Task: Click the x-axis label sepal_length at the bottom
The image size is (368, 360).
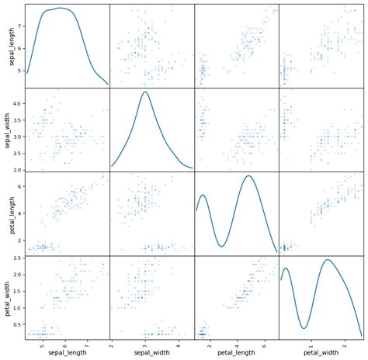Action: pyautogui.click(x=67, y=353)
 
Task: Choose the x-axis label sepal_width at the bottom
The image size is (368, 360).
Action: pyautogui.click(x=151, y=353)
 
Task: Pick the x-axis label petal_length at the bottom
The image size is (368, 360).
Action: pyautogui.click(x=236, y=353)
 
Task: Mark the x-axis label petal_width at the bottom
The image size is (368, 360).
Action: pyautogui.click(x=320, y=353)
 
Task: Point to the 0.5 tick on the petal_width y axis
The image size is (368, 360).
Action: pyautogui.click(x=16, y=327)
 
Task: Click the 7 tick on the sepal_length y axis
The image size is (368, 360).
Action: pyautogui.click(x=19, y=26)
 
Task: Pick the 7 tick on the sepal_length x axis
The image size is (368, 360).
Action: pyautogui.click(x=86, y=344)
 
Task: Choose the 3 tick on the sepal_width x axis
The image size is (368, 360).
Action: pyautogui.click(x=144, y=344)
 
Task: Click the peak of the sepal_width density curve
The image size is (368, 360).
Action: pyautogui.click(x=145, y=92)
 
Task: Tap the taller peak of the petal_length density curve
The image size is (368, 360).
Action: pyautogui.click(x=248, y=176)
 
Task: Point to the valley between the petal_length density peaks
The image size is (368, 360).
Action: pyautogui.click(x=221, y=247)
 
